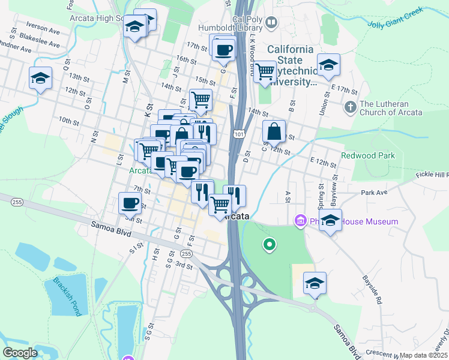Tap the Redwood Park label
pyautogui.click(x=368, y=155)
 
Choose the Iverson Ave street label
pyautogui.click(x=43, y=30)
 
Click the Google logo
pyautogui.click(x=20, y=352)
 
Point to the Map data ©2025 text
pyautogui.click(x=423, y=355)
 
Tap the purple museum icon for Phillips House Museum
pyautogui.click(x=300, y=221)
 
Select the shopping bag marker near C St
pyautogui.click(x=274, y=131)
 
